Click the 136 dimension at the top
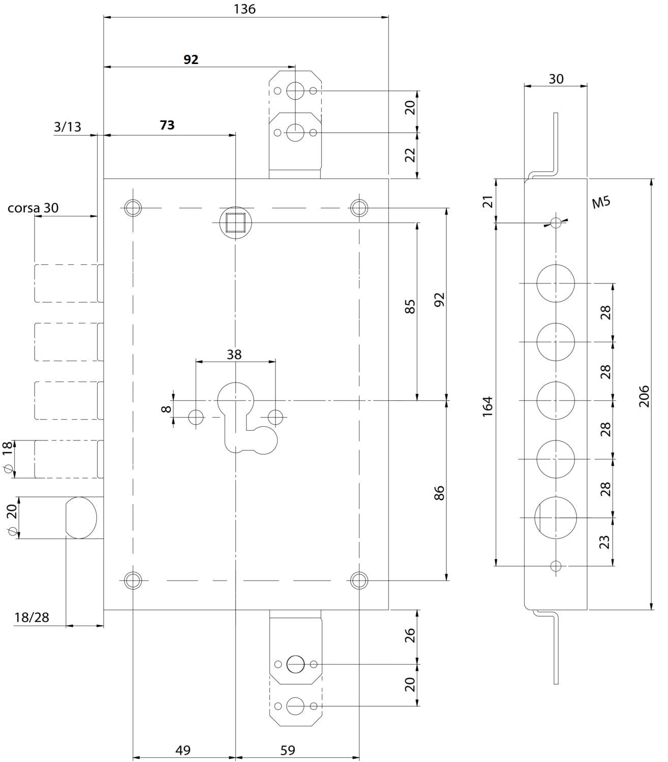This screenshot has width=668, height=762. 246,9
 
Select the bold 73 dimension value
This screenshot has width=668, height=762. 167,125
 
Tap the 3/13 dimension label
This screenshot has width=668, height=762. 68,126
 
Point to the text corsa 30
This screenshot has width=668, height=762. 33,208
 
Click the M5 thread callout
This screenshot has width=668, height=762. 601,203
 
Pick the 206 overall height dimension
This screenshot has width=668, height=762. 644,395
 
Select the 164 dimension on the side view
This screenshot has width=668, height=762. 488,406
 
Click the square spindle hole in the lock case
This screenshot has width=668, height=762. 235,223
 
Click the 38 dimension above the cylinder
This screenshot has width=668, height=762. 234,354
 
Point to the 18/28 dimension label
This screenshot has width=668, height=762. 32,617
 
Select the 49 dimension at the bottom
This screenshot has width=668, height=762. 183,750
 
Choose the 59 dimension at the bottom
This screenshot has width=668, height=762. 288,750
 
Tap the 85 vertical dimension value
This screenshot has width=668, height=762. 411,306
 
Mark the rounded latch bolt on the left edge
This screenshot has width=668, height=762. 81,518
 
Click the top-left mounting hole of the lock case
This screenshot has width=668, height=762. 133,207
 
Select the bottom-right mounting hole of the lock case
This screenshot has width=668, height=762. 359,580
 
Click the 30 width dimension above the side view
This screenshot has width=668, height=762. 556,79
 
